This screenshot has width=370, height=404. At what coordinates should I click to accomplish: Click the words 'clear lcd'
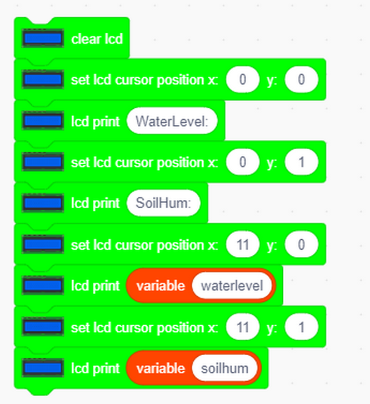click(97, 39)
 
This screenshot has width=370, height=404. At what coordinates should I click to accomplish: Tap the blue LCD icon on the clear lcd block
click(43, 38)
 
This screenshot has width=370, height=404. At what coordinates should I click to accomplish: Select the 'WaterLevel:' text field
click(172, 121)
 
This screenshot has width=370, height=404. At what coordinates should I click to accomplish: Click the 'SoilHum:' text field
click(163, 203)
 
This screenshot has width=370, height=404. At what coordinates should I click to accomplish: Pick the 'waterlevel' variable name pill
click(232, 286)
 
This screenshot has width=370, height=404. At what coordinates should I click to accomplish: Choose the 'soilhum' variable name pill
click(225, 368)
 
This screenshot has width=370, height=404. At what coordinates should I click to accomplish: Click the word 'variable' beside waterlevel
click(161, 286)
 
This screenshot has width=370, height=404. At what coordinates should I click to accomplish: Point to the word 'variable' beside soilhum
click(161, 368)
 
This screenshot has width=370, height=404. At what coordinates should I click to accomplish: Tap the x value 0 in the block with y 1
click(243, 162)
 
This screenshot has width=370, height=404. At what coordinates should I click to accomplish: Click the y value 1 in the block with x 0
click(301, 162)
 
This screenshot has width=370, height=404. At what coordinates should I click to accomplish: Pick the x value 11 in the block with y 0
click(243, 245)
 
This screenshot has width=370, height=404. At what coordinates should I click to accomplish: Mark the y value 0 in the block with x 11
click(301, 245)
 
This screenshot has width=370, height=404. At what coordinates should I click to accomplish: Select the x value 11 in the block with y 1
click(243, 327)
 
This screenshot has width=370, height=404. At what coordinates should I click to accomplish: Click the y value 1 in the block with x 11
click(301, 327)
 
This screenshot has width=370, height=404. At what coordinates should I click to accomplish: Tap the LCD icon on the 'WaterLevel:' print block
click(43, 120)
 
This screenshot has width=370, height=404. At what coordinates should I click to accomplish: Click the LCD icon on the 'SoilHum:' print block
click(43, 203)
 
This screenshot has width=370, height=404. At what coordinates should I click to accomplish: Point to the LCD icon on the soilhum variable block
click(43, 368)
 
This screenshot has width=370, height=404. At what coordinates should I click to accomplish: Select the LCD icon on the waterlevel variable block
click(43, 285)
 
